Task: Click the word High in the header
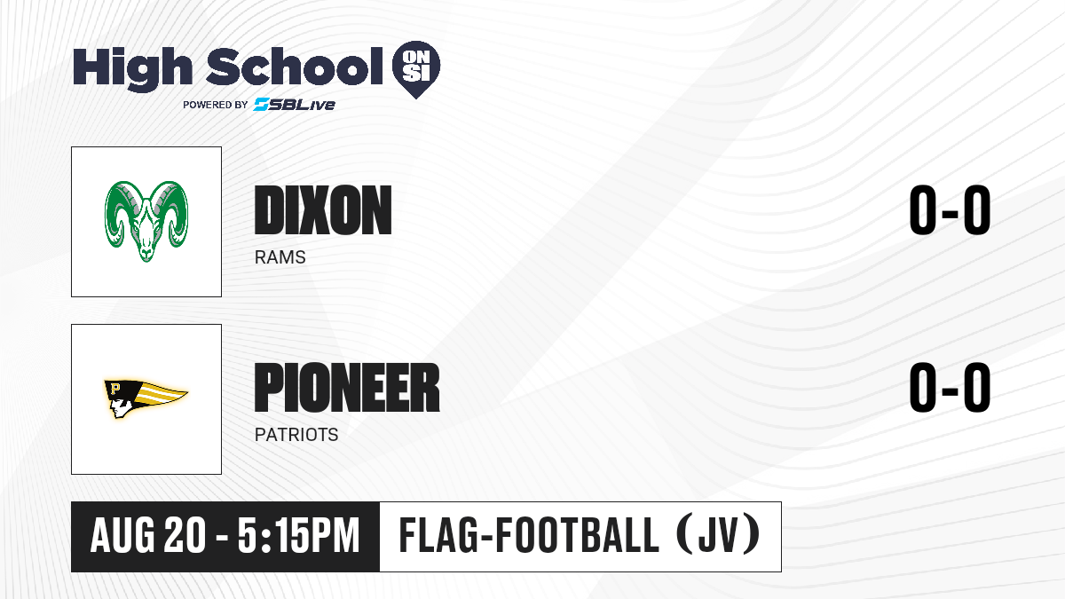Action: point(132,69)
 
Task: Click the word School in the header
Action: point(295,66)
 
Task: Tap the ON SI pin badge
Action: point(416,69)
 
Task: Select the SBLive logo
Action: point(295,104)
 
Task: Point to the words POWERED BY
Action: point(216,105)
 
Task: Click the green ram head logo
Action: point(146,221)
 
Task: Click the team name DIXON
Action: point(323,210)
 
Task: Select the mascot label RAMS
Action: point(280,257)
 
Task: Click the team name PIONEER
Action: point(347,388)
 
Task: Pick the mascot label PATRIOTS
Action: point(296,435)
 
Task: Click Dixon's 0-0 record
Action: point(950,210)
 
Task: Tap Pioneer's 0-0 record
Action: point(950,388)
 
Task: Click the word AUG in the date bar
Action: point(122,536)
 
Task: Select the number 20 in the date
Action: point(185,536)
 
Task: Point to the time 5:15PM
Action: point(298,536)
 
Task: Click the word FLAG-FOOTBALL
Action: point(529,536)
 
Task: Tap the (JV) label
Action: point(718,535)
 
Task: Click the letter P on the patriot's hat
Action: point(115,390)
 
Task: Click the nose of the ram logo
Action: point(146,252)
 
